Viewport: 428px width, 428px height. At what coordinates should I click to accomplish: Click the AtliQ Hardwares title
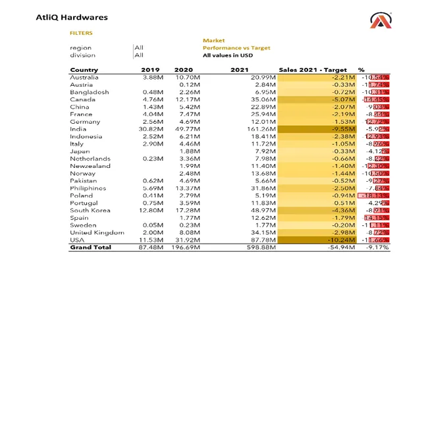coord(72,18)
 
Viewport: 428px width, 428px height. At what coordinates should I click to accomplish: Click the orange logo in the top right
coord(380,22)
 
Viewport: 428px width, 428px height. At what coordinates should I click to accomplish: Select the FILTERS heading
coord(81,33)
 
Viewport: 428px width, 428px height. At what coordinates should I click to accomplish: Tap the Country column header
coord(84,70)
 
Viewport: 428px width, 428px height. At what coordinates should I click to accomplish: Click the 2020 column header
coord(184,70)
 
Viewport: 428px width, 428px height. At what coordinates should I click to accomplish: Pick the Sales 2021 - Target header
coord(312,70)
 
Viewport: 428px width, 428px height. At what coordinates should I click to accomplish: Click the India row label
coord(78,129)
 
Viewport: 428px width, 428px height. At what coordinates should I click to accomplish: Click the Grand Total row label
coord(90,248)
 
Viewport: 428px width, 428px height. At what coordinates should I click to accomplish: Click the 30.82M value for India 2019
coord(153,129)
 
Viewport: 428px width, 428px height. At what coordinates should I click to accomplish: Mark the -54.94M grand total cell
coord(342,248)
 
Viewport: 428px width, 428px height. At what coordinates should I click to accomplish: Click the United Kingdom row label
coord(97,232)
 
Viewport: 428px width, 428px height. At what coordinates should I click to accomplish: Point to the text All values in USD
coord(227,55)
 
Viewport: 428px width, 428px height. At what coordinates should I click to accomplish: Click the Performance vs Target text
coord(236,48)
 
